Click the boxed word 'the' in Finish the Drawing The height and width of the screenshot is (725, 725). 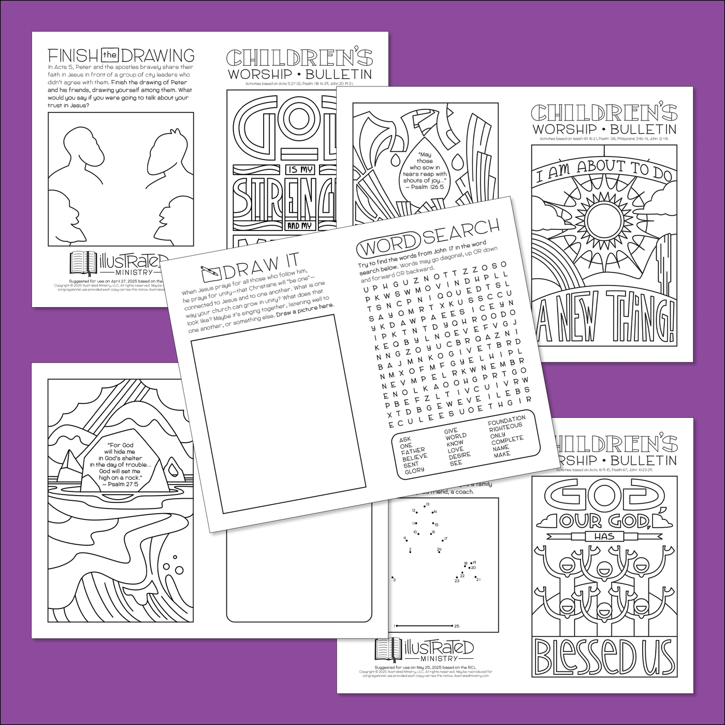pyautogui.click(x=110, y=55)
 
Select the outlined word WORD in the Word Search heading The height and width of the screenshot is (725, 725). pyautogui.click(x=389, y=243)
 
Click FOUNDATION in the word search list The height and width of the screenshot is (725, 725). pyautogui.click(x=506, y=419)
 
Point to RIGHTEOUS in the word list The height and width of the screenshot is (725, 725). pyautogui.click(x=505, y=427)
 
